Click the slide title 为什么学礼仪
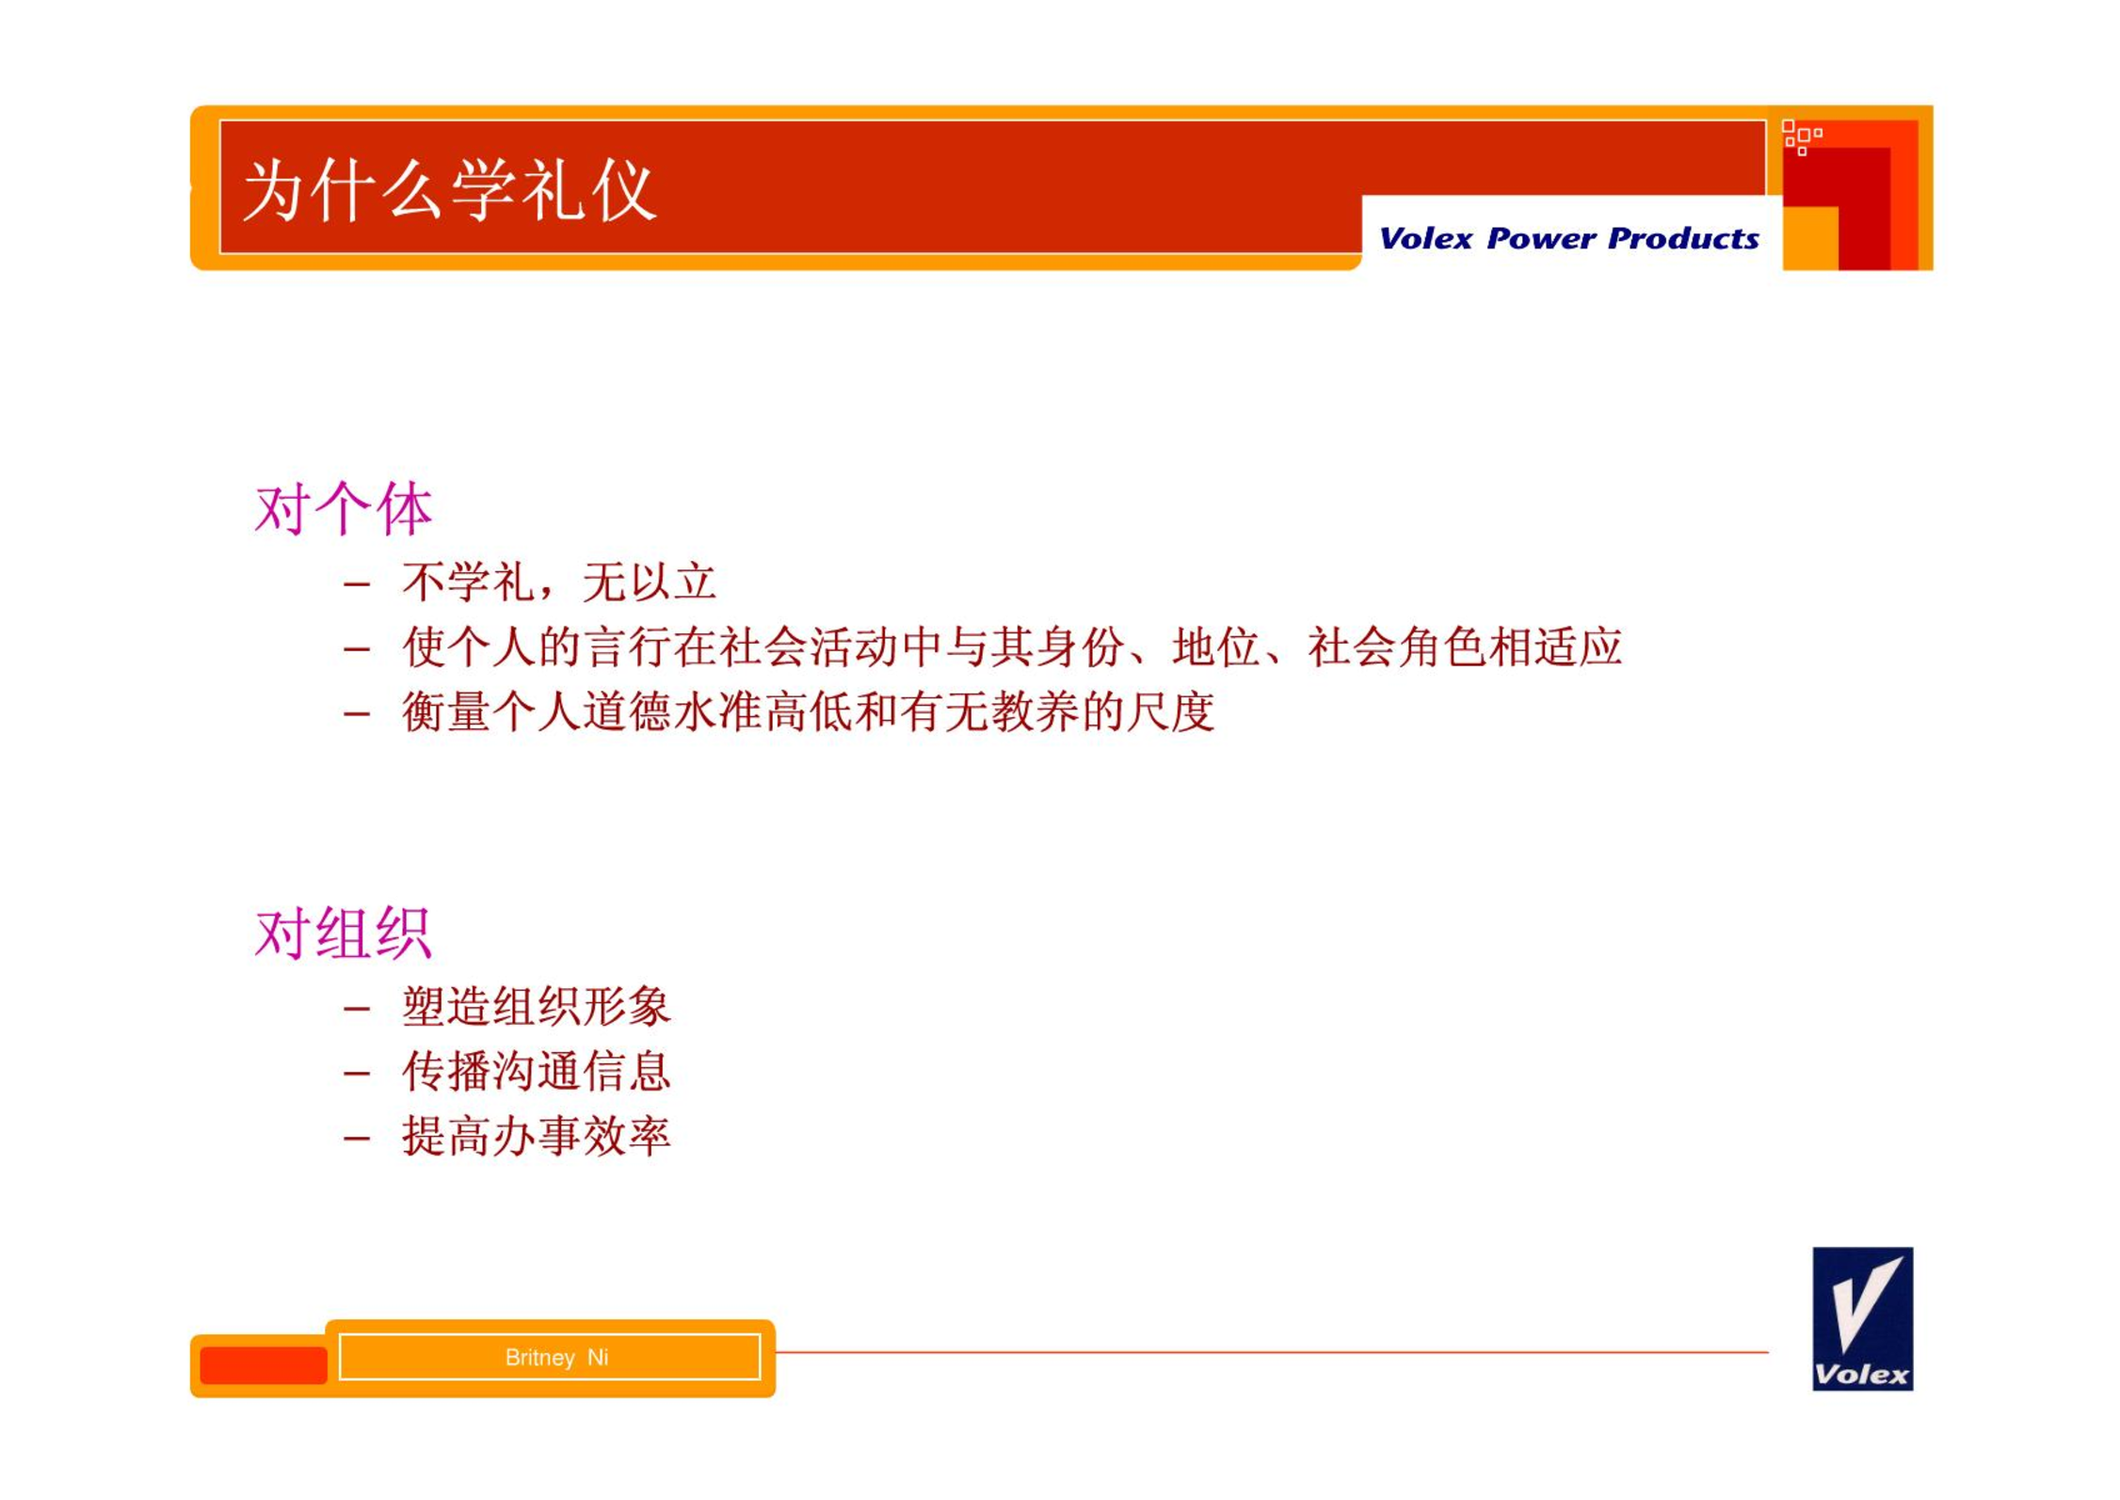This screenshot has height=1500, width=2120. point(449,190)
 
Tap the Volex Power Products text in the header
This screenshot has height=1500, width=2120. point(1568,238)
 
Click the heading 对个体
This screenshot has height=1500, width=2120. point(344,509)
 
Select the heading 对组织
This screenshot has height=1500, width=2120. point(344,934)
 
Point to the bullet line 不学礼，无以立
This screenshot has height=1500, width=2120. point(559,582)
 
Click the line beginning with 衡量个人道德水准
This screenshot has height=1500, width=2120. point(808,710)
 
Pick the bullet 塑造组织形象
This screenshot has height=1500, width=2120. point(536,1006)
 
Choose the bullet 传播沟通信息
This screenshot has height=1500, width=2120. point(536,1071)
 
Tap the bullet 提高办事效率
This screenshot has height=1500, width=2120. point(536,1136)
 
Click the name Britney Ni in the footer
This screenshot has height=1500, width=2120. point(556,1357)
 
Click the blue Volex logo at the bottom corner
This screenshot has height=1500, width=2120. point(1862,1318)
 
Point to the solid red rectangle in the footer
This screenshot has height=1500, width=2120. point(264,1365)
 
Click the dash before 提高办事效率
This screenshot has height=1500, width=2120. point(357,1139)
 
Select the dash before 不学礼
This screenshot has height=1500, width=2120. point(357,584)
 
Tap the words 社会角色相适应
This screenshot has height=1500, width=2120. point(1465,646)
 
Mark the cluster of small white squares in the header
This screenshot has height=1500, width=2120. point(1802,137)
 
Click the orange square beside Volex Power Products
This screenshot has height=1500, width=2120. point(1810,238)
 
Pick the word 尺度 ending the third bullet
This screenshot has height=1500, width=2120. point(1170,710)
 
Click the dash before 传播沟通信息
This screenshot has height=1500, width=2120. point(357,1074)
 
